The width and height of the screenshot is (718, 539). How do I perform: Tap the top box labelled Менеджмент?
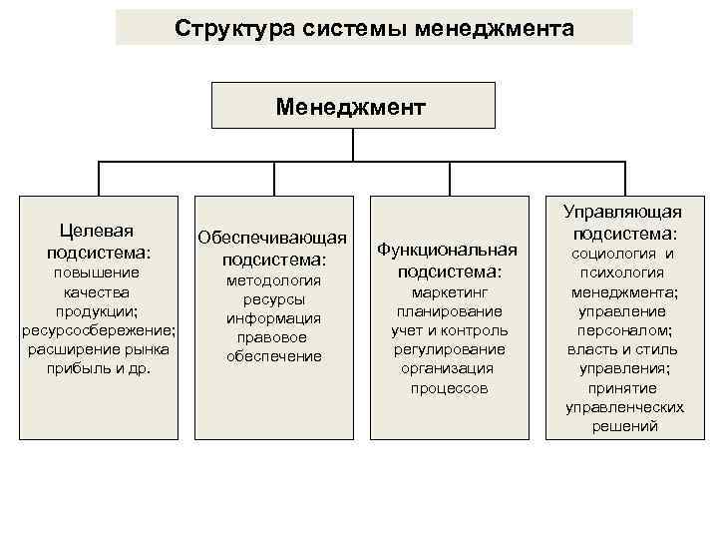tap(353, 105)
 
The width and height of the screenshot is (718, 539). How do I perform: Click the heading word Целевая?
tap(98, 232)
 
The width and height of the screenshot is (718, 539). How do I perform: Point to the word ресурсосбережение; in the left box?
tap(98, 329)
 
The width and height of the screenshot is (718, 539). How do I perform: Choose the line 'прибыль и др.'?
tap(98, 367)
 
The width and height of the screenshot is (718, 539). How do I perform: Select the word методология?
tap(272, 280)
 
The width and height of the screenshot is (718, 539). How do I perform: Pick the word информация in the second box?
tap(272, 318)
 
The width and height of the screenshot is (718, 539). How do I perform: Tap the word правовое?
tap(272, 337)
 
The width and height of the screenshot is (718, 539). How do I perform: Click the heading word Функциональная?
tap(448, 250)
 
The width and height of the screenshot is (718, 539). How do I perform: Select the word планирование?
tap(448, 311)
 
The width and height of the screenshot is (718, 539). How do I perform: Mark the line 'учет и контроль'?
tap(448, 330)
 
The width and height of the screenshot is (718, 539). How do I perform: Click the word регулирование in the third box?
tap(448, 349)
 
